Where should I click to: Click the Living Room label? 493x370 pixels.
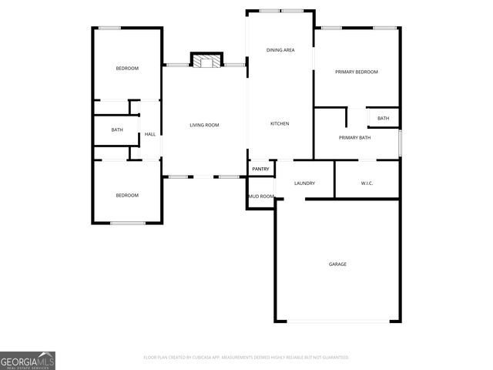coord(205,125)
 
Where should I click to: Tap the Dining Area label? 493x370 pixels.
coord(280,50)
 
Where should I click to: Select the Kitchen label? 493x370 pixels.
coord(280,123)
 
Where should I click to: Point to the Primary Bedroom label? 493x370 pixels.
coord(357,72)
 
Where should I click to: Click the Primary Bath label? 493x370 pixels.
coord(354,137)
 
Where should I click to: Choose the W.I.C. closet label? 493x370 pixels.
coord(367,183)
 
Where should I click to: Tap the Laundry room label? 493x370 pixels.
coord(305,183)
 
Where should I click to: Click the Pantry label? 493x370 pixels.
coord(261,169)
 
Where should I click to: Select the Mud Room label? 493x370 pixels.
coord(260,197)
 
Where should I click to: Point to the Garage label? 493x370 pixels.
coord(337,264)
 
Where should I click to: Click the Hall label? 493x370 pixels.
coord(150,134)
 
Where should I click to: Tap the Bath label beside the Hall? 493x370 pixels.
coord(117,129)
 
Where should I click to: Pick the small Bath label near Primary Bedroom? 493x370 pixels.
coord(383,118)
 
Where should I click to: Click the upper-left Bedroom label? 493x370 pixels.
coord(127,69)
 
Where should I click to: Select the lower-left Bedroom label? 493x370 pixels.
coord(127,195)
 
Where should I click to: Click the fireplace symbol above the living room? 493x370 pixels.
coord(206,60)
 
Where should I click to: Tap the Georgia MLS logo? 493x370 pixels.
coord(28,360)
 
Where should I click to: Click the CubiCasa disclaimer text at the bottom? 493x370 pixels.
coord(246,358)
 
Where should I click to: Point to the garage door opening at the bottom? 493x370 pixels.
coord(337,321)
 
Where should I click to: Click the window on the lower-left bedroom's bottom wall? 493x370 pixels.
coord(127,223)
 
